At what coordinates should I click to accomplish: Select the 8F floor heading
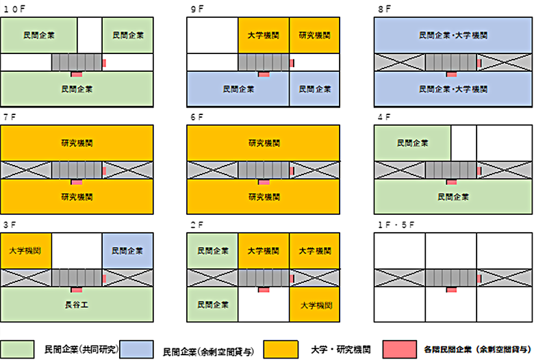click(x=384, y=9)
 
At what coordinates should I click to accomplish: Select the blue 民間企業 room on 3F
click(x=127, y=251)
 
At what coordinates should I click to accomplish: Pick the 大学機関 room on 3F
click(x=26, y=251)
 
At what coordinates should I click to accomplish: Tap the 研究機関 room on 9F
click(x=314, y=35)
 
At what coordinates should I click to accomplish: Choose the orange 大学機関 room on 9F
click(x=264, y=35)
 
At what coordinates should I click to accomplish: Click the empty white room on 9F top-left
click(x=212, y=35)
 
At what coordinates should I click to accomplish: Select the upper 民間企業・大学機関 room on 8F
click(x=453, y=35)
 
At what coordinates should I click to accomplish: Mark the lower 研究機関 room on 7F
click(x=76, y=196)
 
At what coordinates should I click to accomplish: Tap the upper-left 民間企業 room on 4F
click(x=412, y=143)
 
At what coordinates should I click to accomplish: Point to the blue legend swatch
click(x=140, y=348)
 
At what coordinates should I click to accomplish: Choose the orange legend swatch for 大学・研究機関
click(x=281, y=348)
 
